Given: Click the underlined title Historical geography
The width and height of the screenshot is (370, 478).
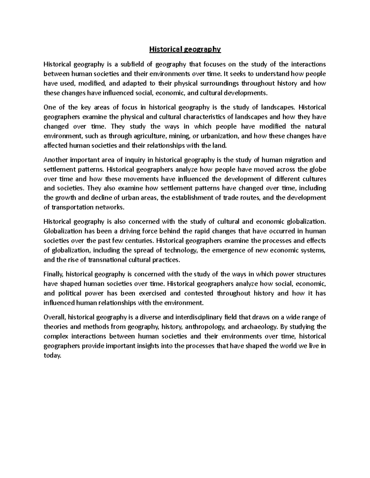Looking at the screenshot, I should (185, 49).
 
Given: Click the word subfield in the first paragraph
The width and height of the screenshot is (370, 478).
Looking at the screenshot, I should (135, 64).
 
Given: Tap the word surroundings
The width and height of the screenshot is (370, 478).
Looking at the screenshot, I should (220, 83).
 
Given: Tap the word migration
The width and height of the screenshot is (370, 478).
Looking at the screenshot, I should (295, 160).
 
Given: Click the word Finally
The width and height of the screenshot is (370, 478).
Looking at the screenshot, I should (54, 274).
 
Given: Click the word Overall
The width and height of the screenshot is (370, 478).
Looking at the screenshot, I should (55, 317).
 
